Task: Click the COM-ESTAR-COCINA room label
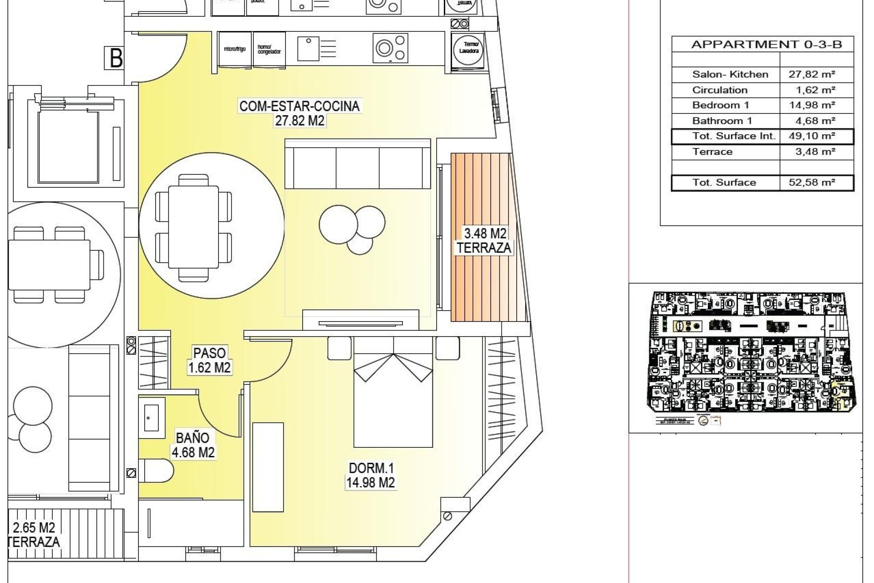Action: (x=300, y=107)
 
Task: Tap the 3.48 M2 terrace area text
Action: (x=485, y=234)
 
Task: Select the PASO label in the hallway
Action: (x=209, y=353)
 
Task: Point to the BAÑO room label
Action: (x=193, y=438)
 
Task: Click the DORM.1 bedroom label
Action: (x=371, y=468)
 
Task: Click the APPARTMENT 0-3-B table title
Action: (x=767, y=45)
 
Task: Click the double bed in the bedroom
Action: (x=393, y=396)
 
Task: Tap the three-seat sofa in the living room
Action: (x=358, y=164)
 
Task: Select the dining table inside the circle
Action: (x=193, y=226)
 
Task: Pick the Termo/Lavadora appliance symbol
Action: (x=468, y=49)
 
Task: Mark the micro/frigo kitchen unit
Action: (x=235, y=49)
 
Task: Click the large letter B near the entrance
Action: (x=116, y=58)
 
